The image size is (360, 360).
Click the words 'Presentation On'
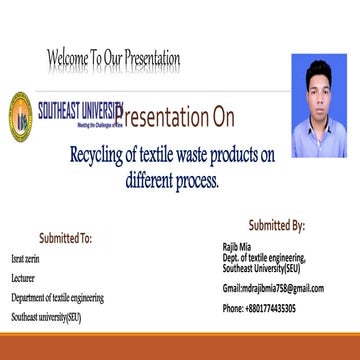tap(178, 118)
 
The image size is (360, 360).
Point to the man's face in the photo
tap(319, 101)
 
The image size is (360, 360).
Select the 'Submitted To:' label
tap(65, 239)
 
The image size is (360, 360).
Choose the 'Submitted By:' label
tap(277, 226)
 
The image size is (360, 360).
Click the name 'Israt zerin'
tap(25, 257)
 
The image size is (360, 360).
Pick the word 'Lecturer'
tap(22, 277)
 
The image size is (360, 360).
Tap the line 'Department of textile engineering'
tap(57, 297)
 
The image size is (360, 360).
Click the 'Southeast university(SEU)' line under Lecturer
tap(45, 317)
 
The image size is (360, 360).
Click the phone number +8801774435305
tap(259, 309)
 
